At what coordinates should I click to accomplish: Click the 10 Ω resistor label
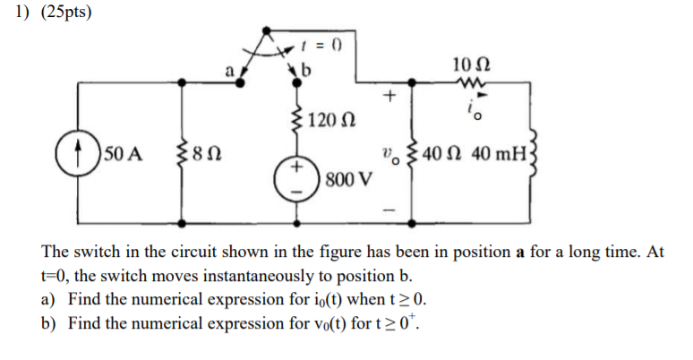[471, 64]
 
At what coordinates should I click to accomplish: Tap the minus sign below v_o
[389, 209]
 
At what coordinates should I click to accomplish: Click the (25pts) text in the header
[67, 15]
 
